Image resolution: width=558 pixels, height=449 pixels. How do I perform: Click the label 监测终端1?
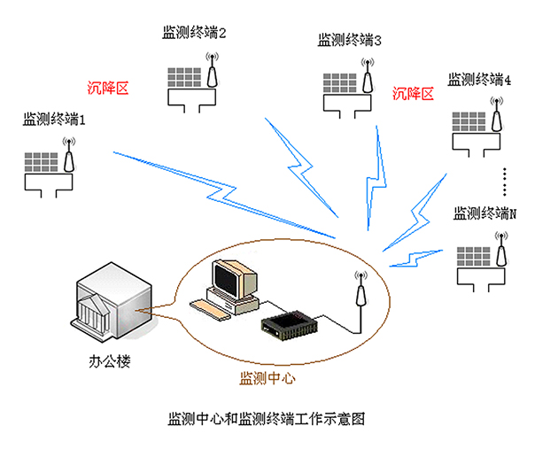pyautogui.click(x=54, y=118)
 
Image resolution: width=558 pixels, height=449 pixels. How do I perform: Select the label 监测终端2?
pyautogui.click(x=194, y=33)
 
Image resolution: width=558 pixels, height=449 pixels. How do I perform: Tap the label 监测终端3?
pyautogui.click(x=350, y=40)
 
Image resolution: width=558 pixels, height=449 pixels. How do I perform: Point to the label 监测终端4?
pyautogui.click(x=479, y=80)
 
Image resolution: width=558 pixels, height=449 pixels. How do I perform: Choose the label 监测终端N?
pyautogui.click(x=484, y=213)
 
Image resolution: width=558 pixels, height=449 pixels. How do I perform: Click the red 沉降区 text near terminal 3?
pyautogui.click(x=414, y=93)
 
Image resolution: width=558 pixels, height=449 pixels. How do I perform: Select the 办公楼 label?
pyautogui.click(x=111, y=361)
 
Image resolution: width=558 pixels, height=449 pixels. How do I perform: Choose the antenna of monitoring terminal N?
pyautogui.click(x=501, y=253)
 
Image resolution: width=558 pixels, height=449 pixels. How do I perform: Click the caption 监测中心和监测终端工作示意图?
pyautogui.click(x=266, y=417)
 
